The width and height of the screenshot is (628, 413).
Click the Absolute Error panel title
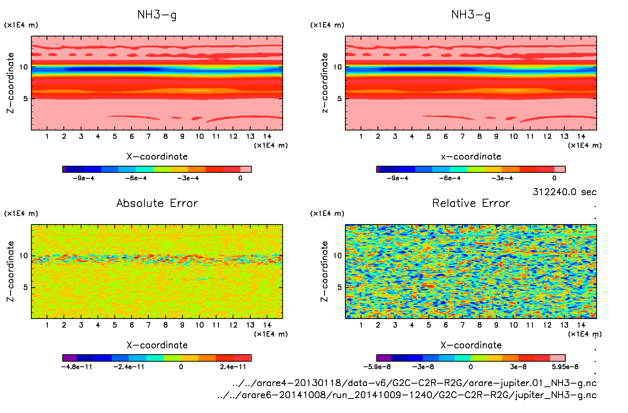pyautogui.click(x=157, y=203)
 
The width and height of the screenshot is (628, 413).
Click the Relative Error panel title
pyautogui.click(x=471, y=203)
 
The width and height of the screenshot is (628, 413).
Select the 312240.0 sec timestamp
pyautogui.click(x=564, y=192)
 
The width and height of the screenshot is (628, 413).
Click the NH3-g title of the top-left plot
pyautogui.click(x=157, y=15)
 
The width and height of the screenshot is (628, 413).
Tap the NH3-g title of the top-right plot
pyautogui.click(x=471, y=15)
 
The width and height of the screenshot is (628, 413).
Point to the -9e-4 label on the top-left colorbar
pyautogui.click(x=83, y=178)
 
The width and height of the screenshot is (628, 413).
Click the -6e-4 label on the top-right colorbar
pyautogui.click(x=450, y=178)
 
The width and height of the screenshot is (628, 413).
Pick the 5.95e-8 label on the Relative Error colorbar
pyautogui.click(x=565, y=367)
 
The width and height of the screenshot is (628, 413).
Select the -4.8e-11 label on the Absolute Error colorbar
pyautogui.click(x=77, y=367)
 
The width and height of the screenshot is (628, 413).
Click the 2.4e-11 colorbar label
pyautogui.click(x=233, y=367)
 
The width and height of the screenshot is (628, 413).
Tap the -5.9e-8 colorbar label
pyautogui.click(x=377, y=367)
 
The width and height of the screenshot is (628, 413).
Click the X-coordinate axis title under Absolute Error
pyautogui.click(x=157, y=345)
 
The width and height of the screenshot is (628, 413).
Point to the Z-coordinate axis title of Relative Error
pyautogui.click(x=324, y=271)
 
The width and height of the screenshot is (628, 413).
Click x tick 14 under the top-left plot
pyautogui.click(x=267, y=136)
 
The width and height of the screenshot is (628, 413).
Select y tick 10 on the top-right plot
pyautogui.click(x=337, y=67)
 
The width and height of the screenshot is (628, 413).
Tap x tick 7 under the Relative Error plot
pyautogui.click(x=462, y=325)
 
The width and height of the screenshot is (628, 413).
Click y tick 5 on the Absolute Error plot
pyautogui.click(x=25, y=287)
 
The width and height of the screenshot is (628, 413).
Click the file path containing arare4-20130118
pyautogui.click(x=414, y=383)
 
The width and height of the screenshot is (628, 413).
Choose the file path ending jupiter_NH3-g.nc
pyautogui.click(x=407, y=395)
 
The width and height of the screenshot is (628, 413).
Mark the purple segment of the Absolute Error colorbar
pyautogui.click(x=70, y=358)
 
